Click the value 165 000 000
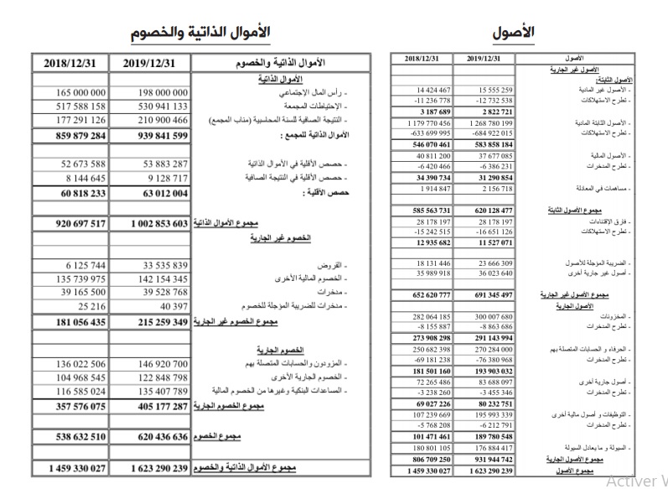[x=70, y=92]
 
